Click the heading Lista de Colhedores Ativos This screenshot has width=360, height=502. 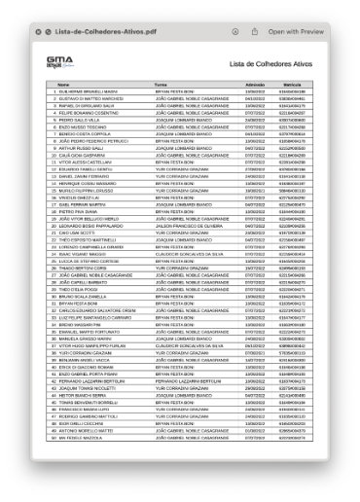pos(270,64)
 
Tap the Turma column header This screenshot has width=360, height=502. pos(160,86)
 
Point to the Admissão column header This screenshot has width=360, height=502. pos(257,86)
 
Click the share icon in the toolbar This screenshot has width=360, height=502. pos(253,32)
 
